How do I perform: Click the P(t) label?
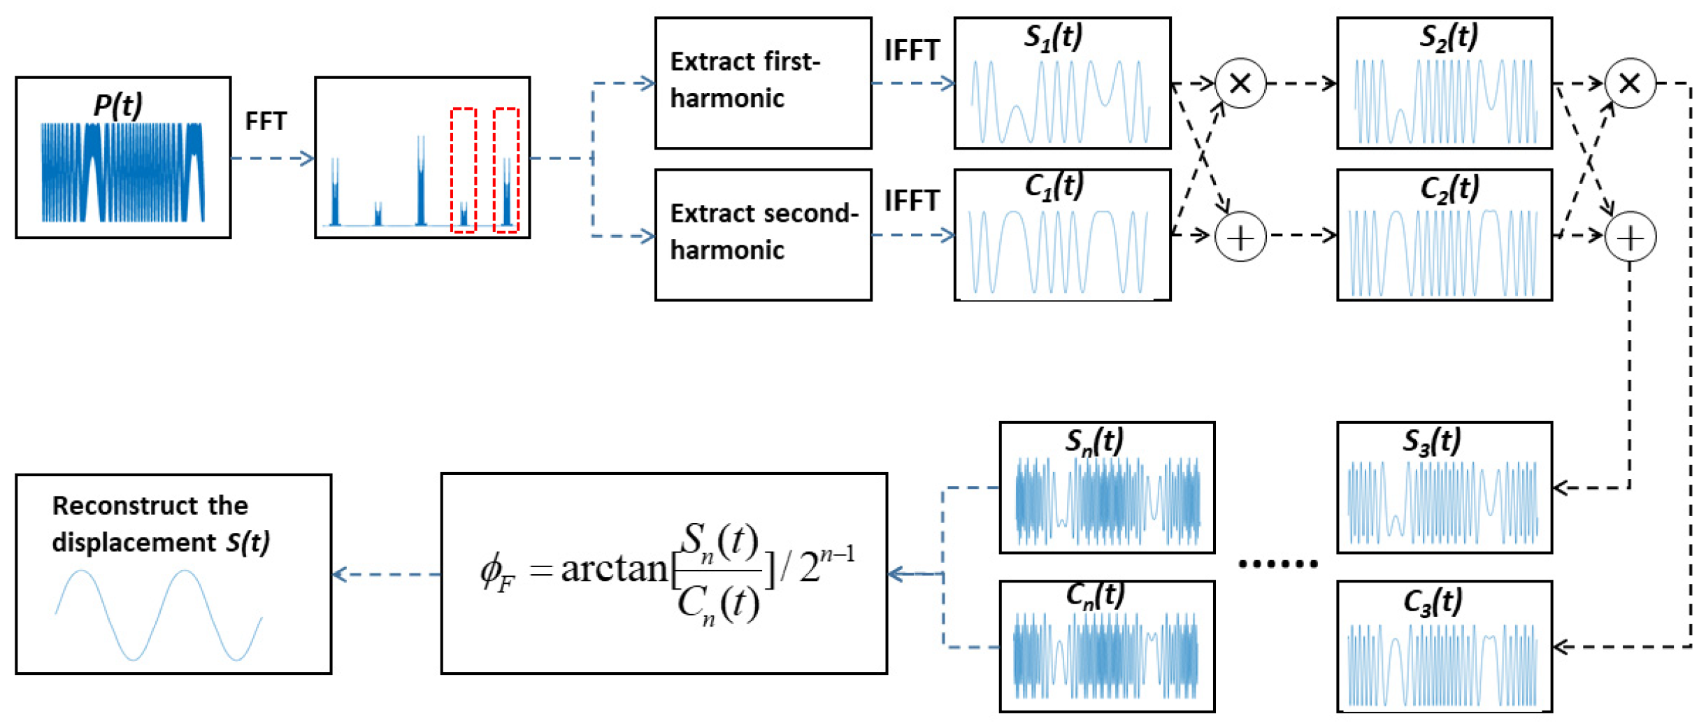117,105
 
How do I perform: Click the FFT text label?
266,121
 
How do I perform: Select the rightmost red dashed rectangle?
506,170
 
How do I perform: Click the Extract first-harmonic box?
762,83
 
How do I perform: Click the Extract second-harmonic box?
762,234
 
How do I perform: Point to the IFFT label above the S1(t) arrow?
911,50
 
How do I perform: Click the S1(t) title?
1052,36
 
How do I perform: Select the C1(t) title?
1054,187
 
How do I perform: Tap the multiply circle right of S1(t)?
1240,84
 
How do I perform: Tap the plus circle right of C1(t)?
1240,238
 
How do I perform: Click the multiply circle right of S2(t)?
1629,84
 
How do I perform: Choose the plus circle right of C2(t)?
1629,238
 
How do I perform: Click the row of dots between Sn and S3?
1277,563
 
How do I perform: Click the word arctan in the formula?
614,568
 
